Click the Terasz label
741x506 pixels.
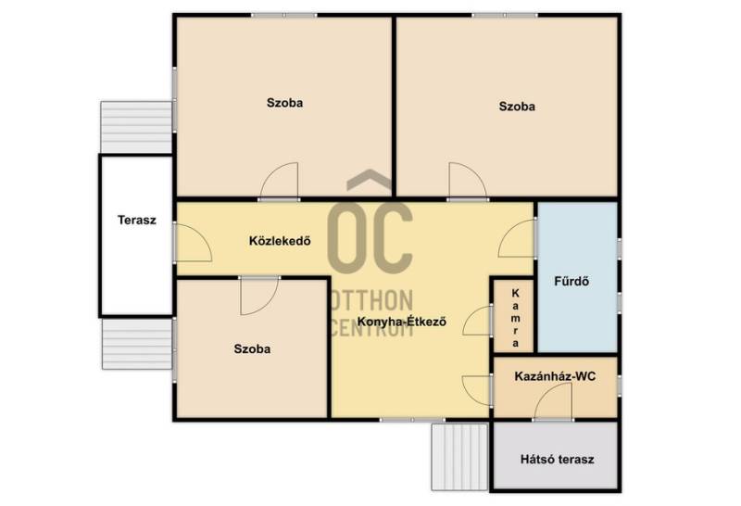(x=136, y=220)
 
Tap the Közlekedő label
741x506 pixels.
(x=280, y=241)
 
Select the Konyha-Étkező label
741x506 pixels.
(x=402, y=322)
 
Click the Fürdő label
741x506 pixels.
(x=571, y=281)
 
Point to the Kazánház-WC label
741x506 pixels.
(x=555, y=376)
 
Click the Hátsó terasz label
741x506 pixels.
(x=558, y=459)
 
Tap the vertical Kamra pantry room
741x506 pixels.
(x=514, y=315)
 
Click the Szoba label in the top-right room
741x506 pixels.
(x=517, y=107)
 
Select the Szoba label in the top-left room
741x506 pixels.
(x=284, y=103)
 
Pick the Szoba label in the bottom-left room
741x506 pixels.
(x=252, y=349)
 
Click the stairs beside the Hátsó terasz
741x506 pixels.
(x=459, y=457)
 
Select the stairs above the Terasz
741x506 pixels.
(x=136, y=127)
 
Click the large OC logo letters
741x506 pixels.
(x=370, y=238)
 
